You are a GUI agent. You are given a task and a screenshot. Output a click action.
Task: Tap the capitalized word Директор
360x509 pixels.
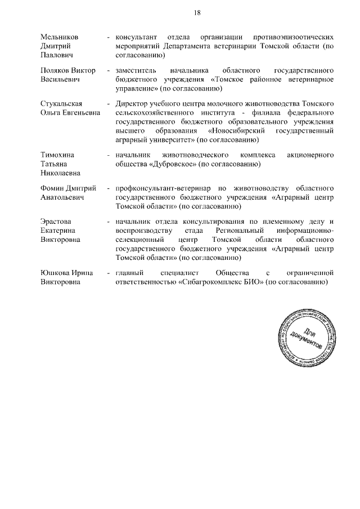click(x=131, y=104)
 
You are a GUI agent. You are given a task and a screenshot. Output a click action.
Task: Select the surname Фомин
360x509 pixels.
click(x=53, y=188)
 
